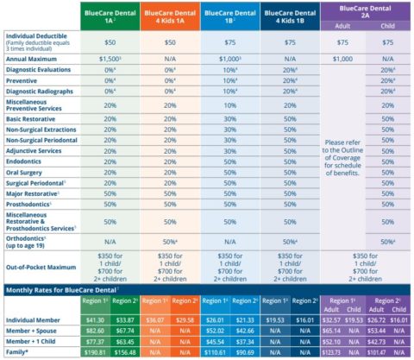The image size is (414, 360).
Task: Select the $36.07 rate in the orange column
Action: (175, 319)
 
